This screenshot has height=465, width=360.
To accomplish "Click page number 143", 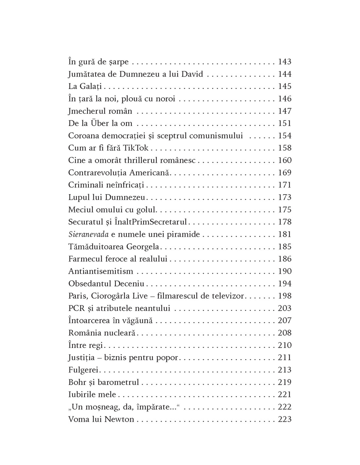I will (x=284, y=62).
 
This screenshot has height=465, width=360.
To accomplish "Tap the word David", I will (x=192, y=74).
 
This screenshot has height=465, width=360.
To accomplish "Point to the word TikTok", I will (x=136, y=148).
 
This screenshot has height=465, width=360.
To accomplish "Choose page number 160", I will (x=284, y=160).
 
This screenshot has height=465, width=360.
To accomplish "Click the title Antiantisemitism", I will (x=100, y=271).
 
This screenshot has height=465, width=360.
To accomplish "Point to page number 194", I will (x=284, y=284).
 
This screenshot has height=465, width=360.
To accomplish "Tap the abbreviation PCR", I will (x=77, y=308).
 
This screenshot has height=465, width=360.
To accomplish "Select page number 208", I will (x=284, y=333).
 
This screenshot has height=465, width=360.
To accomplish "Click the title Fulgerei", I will (x=83, y=370).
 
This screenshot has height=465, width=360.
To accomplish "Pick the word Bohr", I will (x=77, y=382).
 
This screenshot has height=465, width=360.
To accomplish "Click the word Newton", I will (x=119, y=419).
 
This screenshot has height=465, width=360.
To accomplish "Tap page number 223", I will (x=284, y=419).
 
